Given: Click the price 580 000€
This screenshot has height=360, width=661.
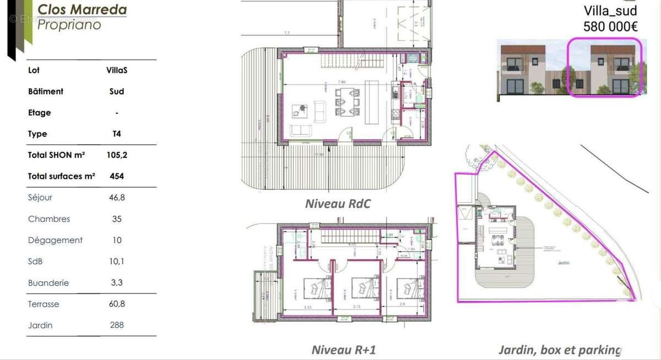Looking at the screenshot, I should [610, 25].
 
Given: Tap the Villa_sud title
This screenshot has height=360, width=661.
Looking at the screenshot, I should [610, 10].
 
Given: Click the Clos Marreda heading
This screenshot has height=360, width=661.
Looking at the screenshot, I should [82, 9].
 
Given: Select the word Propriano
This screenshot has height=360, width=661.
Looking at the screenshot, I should [69, 24].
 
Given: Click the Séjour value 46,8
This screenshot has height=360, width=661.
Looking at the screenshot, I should [117, 198].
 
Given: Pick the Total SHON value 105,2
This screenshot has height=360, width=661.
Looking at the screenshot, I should [117, 155].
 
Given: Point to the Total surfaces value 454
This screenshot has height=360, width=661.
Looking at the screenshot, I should [117, 177].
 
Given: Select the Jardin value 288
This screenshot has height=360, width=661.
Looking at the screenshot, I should [117, 325].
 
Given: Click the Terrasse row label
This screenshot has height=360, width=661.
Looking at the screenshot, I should [44, 304].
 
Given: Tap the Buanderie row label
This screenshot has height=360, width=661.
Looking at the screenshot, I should [48, 283].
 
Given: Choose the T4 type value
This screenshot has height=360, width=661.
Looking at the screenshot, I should [117, 134].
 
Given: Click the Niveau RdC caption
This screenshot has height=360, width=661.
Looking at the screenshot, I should [338, 204].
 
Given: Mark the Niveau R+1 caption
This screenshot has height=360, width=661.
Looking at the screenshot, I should [344, 350].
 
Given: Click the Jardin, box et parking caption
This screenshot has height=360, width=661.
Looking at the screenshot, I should [560, 350].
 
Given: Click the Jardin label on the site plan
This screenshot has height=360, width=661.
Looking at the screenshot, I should [562, 263].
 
